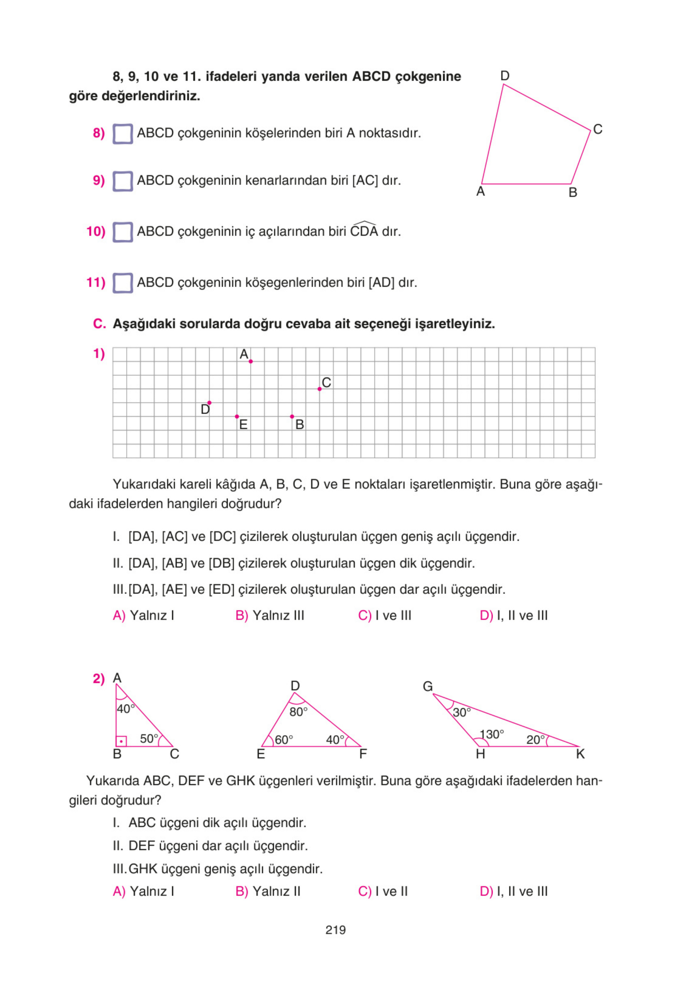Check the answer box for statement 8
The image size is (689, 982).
pos(123,134)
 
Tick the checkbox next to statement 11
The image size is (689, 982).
pos(123,283)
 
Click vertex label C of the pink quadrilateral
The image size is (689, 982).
pos(597,129)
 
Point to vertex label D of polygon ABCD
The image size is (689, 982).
pos(505,76)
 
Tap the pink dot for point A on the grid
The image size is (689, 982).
pos(251,362)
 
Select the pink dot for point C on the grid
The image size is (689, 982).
pos(320,389)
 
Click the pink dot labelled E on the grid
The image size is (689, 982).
pos(237,416)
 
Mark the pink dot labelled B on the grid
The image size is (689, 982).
pos(292,416)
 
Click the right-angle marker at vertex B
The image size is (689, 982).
pos(122,741)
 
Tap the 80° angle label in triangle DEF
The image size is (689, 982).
pos(298,712)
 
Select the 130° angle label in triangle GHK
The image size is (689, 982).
pos(491,734)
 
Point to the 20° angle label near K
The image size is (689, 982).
pos(535,740)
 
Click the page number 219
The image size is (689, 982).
pos(335,930)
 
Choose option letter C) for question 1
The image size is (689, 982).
pos(365,615)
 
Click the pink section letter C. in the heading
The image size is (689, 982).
pos(99,324)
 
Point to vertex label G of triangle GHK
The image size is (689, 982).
pos(428,686)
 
